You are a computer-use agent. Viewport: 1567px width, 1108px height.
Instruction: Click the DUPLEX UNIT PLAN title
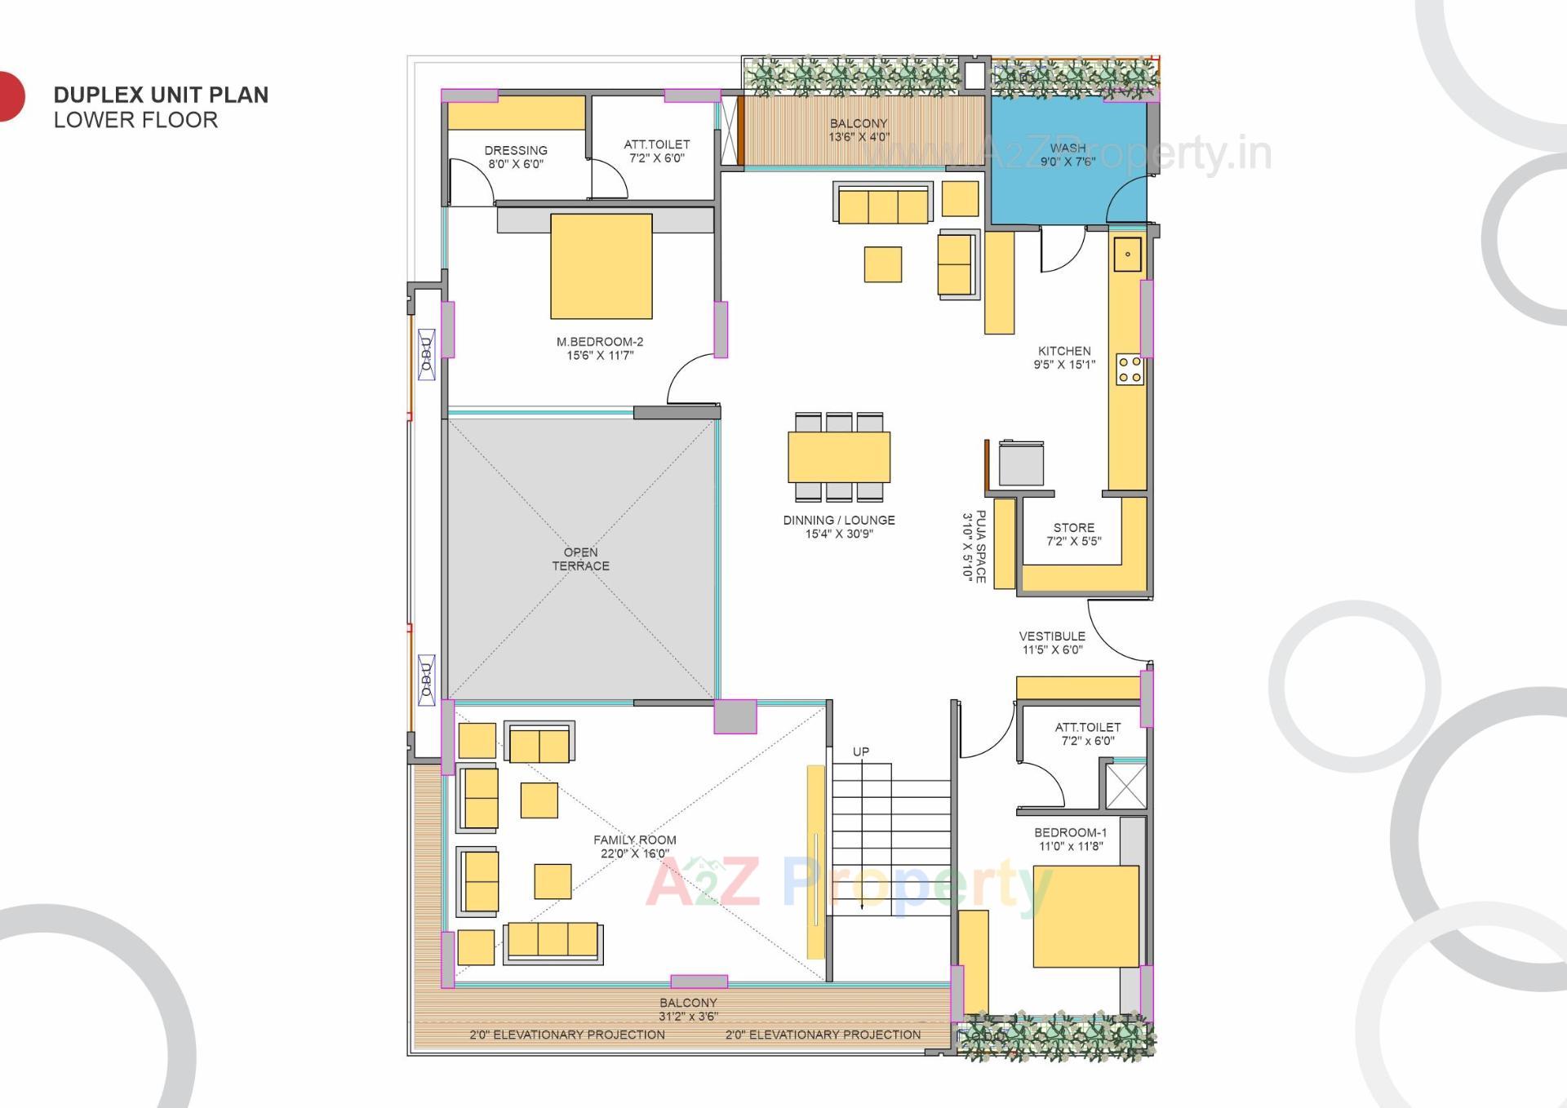point(161,95)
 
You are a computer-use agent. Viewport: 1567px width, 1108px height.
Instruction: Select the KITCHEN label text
point(1064,351)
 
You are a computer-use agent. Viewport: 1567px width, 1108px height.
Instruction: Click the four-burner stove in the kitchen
point(1130,370)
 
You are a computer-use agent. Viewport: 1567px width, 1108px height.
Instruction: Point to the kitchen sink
point(1128,254)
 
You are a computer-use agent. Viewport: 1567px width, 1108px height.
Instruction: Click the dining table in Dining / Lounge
point(838,457)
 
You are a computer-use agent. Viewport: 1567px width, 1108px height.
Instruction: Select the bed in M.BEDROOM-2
point(601,266)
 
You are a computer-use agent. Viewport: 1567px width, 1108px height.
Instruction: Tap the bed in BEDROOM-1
point(1085,916)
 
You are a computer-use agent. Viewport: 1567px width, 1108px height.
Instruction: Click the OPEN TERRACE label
point(580,559)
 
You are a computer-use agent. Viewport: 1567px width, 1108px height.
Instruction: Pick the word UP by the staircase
point(861,751)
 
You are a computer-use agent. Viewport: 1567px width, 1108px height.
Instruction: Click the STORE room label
point(1073,528)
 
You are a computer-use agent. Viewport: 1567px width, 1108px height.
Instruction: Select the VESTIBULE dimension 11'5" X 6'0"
point(1052,650)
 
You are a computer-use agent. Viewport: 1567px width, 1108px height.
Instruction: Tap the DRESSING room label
point(516,150)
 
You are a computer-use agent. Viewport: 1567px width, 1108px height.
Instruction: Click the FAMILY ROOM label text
point(634,840)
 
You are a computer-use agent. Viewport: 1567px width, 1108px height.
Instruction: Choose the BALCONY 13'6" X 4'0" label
point(859,130)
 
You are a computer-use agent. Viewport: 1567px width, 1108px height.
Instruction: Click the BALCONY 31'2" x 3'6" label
point(688,1009)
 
